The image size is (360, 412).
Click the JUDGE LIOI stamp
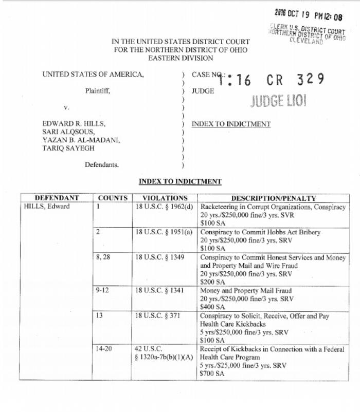(x=278, y=101)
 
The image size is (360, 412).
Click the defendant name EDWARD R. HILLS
(x=74, y=124)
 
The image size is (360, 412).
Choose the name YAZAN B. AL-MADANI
(x=81, y=140)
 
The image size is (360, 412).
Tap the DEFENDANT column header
(x=57, y=198)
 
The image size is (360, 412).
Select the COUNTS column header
(x=112, y=198)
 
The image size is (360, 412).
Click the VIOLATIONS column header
(x=165, y=198)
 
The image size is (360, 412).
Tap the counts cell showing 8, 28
(x=103, y=257)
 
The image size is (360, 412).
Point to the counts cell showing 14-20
(x=103, y=349)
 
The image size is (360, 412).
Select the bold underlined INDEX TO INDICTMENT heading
(x=180, y=181)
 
